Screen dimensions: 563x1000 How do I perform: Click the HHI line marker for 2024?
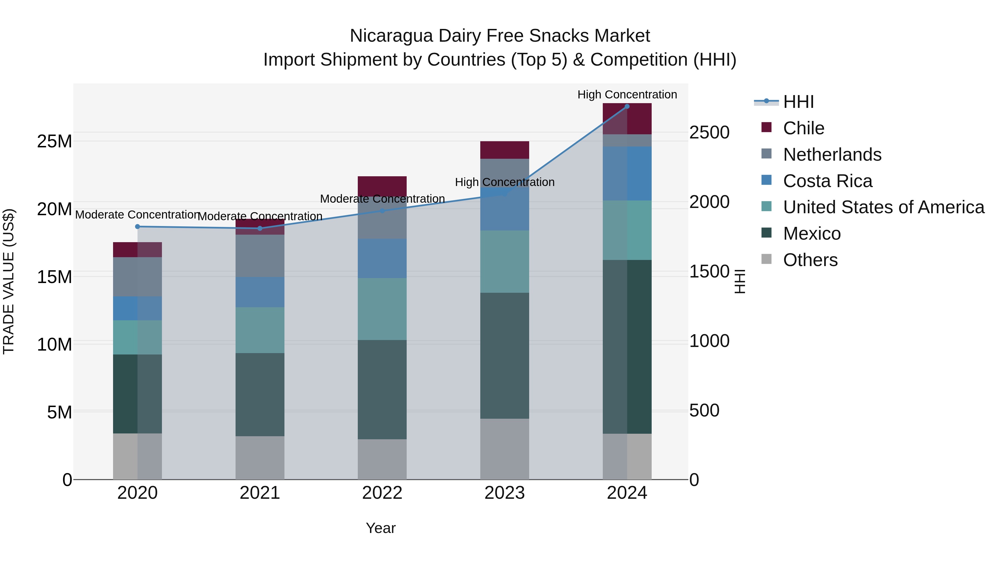(627, 106)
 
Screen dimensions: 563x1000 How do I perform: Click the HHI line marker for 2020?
(137, 227)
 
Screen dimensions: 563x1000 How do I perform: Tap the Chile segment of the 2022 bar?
(382, 186)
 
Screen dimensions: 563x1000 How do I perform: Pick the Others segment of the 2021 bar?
(260, 458)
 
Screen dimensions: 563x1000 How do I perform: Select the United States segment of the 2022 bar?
(382, 309)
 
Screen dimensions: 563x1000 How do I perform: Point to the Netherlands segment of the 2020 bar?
(137, 277)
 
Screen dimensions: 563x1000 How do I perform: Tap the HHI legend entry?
(798, 102)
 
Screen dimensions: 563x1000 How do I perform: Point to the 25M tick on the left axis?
(54, 142)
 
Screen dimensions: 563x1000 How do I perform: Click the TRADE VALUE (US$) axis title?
(9, 281)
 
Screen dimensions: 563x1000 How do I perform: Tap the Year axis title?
(381, 528)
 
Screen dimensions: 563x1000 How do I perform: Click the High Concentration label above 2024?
(627, 95)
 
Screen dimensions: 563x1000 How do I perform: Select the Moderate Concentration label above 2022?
(382, 199)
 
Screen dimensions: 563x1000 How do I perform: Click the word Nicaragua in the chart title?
(391, 36)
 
